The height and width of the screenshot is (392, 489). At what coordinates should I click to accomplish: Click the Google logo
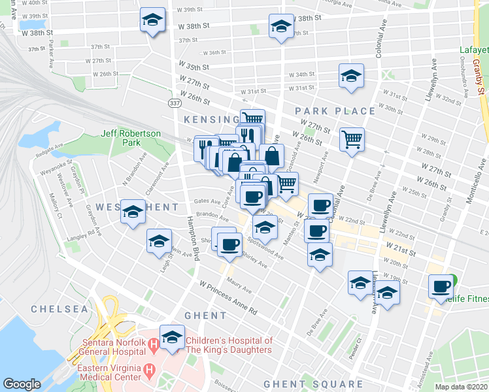pos(22,384)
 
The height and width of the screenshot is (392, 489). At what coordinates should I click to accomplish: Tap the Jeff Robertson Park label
pos(131,137)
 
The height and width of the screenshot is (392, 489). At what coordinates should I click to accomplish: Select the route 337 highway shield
pos(174,103)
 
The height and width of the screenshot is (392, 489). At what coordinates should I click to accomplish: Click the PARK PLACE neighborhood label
pos(335,111)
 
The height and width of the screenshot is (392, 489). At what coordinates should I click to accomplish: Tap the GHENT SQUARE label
pos(312,384)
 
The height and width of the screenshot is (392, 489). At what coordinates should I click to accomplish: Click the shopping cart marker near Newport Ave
pos(352,139)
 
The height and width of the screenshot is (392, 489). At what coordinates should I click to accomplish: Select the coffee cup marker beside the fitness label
pos(441,286)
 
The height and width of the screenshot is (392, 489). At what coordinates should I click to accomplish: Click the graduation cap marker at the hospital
pos(172,337)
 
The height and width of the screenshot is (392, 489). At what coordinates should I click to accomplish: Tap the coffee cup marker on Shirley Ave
pos(229,244)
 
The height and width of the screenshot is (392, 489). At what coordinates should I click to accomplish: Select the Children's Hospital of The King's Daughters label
pos(229,345)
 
